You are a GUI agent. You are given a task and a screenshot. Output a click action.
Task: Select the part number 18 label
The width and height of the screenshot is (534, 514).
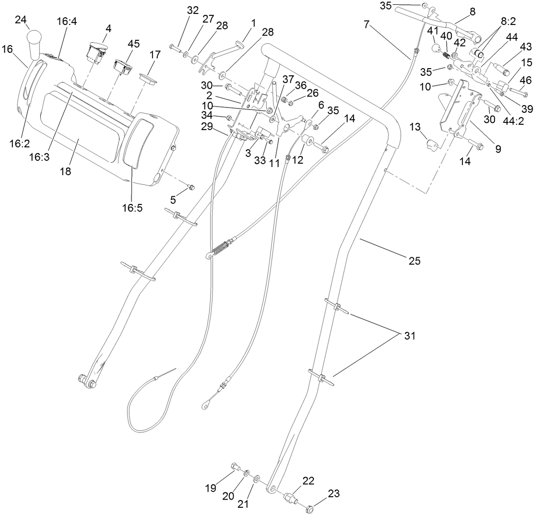pos(65,171)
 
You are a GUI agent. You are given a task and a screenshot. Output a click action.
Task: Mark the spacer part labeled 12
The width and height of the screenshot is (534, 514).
pos(307,143)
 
